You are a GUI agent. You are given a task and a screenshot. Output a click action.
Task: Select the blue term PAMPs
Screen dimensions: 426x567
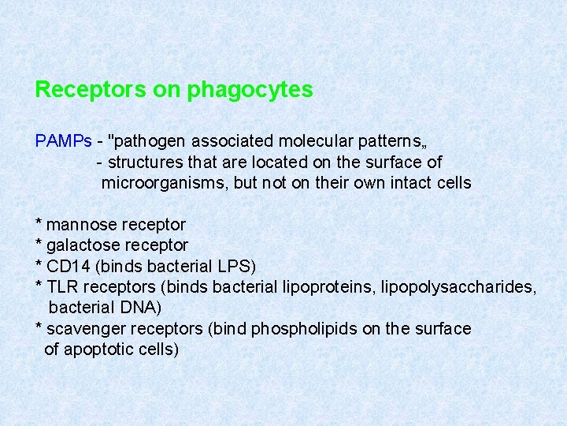[x=64, y=141]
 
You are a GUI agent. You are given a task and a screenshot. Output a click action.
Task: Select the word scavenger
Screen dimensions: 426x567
[x=85, y=328]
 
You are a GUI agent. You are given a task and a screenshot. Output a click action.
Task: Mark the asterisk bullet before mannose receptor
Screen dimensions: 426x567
[x=39, y=223]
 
